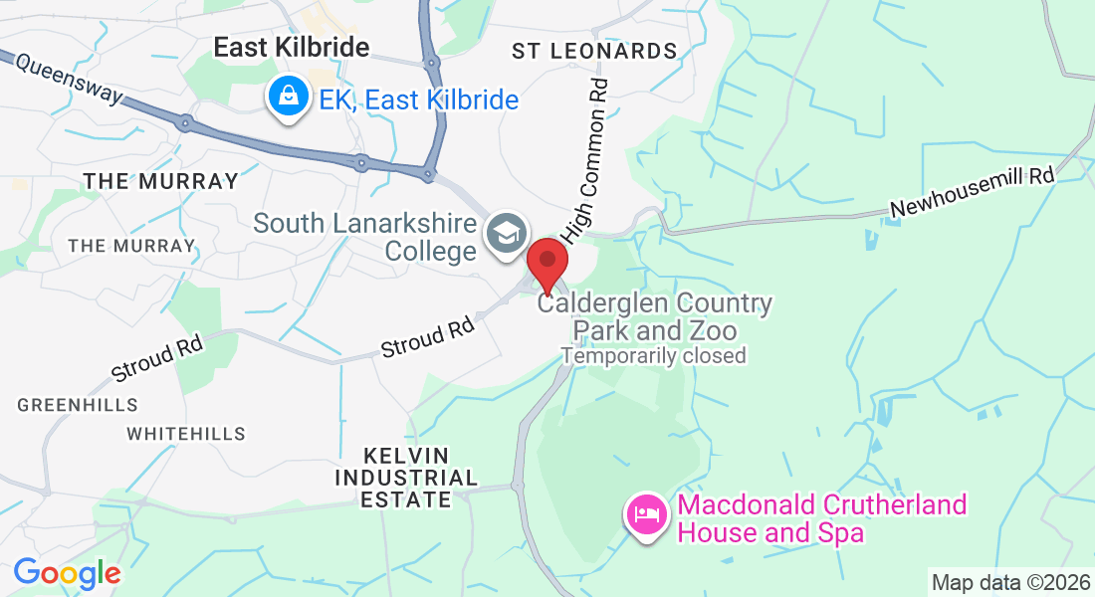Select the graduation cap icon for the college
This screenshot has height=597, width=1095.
coord(506,234)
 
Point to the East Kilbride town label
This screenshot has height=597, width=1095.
coord(278,47)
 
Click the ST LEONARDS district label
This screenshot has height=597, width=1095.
coord(594,51)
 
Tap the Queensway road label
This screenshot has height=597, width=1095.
coord(69,81)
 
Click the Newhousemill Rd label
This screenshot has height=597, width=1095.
coord(972,192)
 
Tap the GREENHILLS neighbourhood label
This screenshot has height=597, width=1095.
coord(78,405)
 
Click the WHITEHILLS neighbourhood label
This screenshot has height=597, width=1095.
coord(186,434)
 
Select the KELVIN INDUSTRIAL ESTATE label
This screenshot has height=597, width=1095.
coord(405,478)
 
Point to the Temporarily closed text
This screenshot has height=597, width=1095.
coord(653,355)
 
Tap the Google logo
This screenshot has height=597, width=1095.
coord(67,573)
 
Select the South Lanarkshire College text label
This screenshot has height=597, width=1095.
coord(364,236)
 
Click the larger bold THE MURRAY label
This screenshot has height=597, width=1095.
coord(161,181)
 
